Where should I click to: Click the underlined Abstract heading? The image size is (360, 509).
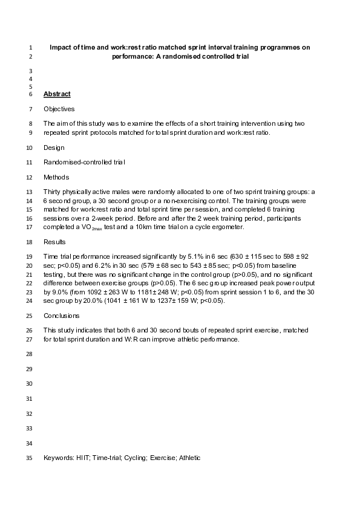click(57, 94)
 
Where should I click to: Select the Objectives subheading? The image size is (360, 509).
click(59, 109)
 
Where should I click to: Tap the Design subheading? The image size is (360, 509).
click(54, 148)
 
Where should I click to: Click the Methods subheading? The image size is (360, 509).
click(56, 177)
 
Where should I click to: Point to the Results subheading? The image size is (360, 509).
click(54, 242)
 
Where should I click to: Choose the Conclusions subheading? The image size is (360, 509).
click(62, 316)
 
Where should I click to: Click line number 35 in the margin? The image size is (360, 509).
click(29, 458)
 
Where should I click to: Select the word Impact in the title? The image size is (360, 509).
click(61, 47)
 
